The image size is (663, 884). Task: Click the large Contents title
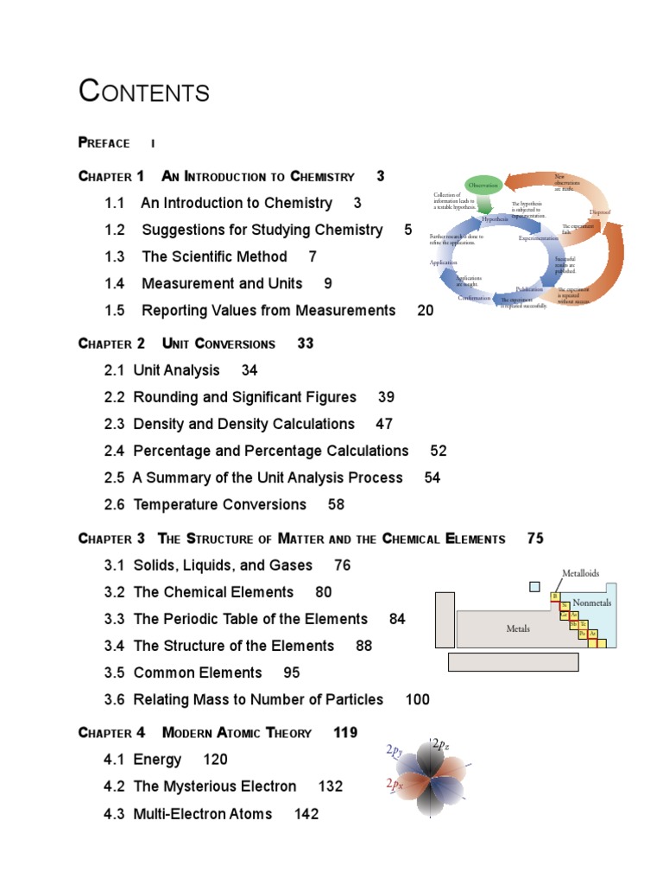click(x=144, y=91)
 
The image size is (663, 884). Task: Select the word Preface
click(x=104, y=143)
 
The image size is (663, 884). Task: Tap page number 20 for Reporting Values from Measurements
click(x=426, y=311)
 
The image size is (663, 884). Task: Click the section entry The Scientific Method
click(x=214, y=256)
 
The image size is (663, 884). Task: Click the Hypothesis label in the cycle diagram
click(x=496, y=220)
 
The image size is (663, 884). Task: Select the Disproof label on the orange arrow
click(x=600, y=212)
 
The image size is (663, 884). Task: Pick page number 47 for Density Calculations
click(x=384, y=424)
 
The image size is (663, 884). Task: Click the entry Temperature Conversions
click(x=220, y=504)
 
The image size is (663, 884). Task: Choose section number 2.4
click(x=115, y=451)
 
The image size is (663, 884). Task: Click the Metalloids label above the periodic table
click(x=581, y=572)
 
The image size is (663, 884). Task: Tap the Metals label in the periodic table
click(x=518, y=629)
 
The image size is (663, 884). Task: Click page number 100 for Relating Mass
click(x=417, y=699)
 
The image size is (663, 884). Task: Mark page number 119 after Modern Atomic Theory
click(x=345, y=733)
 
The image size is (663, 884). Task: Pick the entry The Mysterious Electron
click(x=215, y=786)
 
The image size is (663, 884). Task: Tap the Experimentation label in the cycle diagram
click(x=539, y=237)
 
